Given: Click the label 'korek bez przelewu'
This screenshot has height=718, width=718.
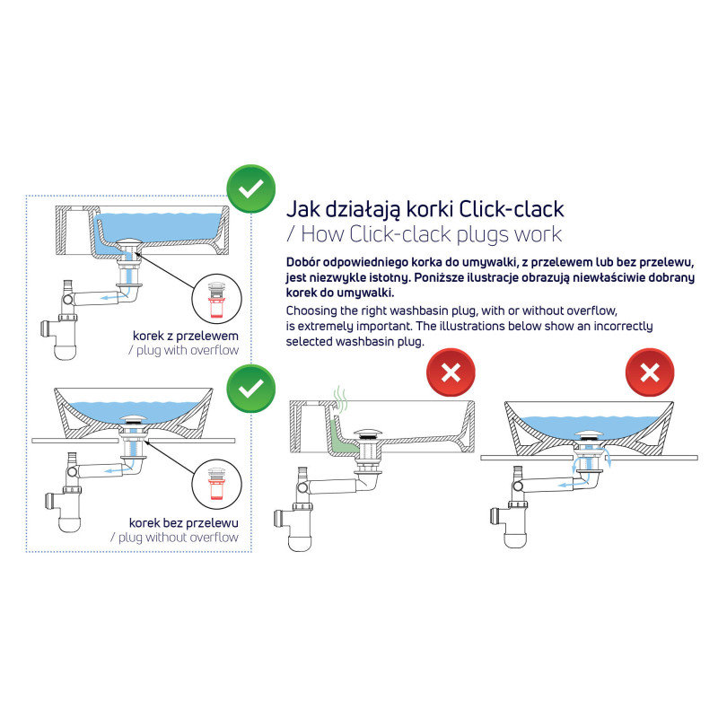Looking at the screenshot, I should point(184,522).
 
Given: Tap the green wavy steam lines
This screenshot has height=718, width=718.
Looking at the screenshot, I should point(338,397).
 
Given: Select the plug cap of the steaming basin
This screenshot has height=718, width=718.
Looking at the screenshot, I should point(371,433).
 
